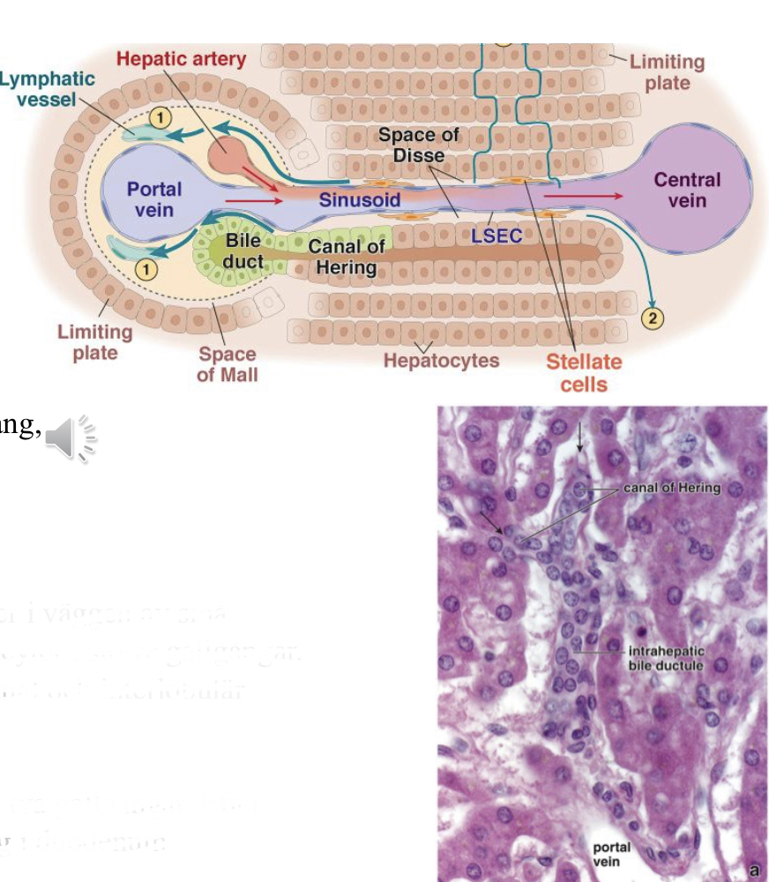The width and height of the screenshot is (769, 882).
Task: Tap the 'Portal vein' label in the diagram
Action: [x=153, y=199]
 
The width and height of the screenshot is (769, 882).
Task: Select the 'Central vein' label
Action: [x=686, y=190]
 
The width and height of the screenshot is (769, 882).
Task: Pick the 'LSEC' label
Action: [x=496, y=235]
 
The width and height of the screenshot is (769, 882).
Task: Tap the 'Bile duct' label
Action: [x=242, y=250]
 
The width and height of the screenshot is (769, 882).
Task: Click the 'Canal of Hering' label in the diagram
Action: [x=346, y=257]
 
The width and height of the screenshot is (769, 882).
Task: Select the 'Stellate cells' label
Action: [x=583, y=372]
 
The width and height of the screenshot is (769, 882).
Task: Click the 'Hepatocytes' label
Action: [x=441, y=361]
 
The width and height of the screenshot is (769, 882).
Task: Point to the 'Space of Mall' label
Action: [x=228, y=364]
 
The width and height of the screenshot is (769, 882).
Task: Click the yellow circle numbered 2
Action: [x=653, y=318]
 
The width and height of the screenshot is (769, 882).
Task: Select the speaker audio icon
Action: [x=71, y=437]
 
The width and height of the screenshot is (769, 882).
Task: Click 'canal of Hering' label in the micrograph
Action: [x=671, y=488]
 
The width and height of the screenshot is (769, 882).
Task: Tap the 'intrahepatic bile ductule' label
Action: [x=666, y=658]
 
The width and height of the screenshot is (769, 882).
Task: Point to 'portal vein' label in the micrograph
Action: [x=609, y=855]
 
